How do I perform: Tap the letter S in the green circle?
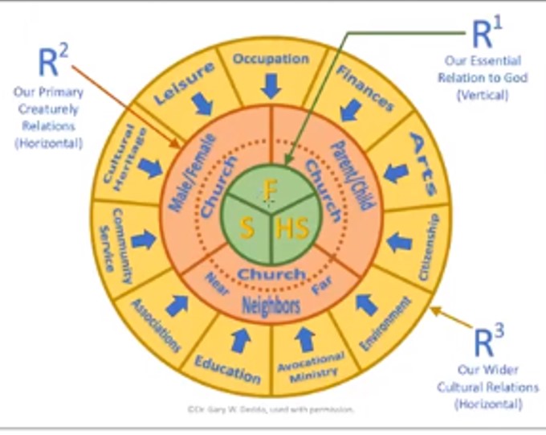[x=248, y=229]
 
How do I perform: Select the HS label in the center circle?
[x=291, y=229]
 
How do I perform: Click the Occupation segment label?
[x=270, y=59]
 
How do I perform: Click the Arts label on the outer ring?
[x=423, y=164]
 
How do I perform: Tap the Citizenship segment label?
[x=429, y=246]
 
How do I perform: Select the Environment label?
[x=386, y=325]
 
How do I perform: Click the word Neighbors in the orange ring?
[x=271, y=306]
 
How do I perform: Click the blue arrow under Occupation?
[x=271, y=84]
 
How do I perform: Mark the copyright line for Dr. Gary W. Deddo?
[x=270, y=409]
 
